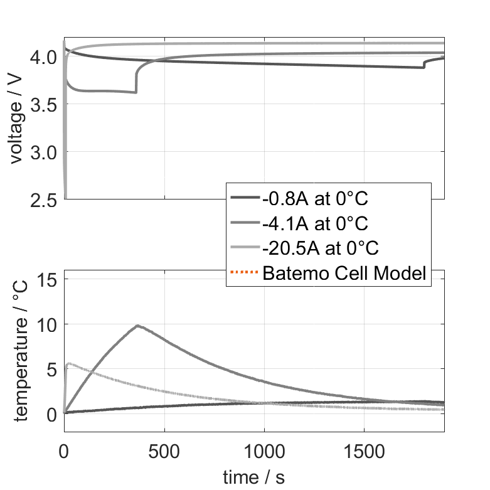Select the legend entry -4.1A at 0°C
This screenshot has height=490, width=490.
tap(315, 223)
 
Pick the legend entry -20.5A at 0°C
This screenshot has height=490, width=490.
tap(321, 248)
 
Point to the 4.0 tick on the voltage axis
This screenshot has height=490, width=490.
tap(43, 57)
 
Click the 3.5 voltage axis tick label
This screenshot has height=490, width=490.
tap(43, 105)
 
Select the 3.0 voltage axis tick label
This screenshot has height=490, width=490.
tap(43, 152)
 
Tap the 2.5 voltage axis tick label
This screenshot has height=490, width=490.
tap(43, 200)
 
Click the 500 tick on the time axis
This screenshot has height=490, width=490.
tap(164, 452)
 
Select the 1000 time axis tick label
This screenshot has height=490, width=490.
tap(264, 452)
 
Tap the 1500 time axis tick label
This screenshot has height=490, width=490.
tap(365, 452)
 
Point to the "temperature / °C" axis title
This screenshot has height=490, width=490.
tap(21, 351)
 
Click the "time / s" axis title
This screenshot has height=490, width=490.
tap(253, 477)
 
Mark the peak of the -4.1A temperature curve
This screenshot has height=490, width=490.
tap(137, 326)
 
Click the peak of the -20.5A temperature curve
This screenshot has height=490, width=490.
tap(70, 363)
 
